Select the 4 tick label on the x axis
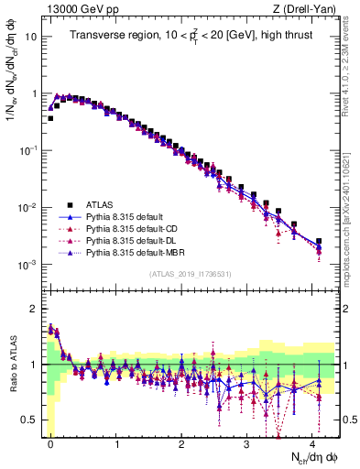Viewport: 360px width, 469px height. click(312, 442)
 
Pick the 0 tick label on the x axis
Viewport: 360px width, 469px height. click(50, 442)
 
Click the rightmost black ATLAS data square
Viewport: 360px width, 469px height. click(319, 242)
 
